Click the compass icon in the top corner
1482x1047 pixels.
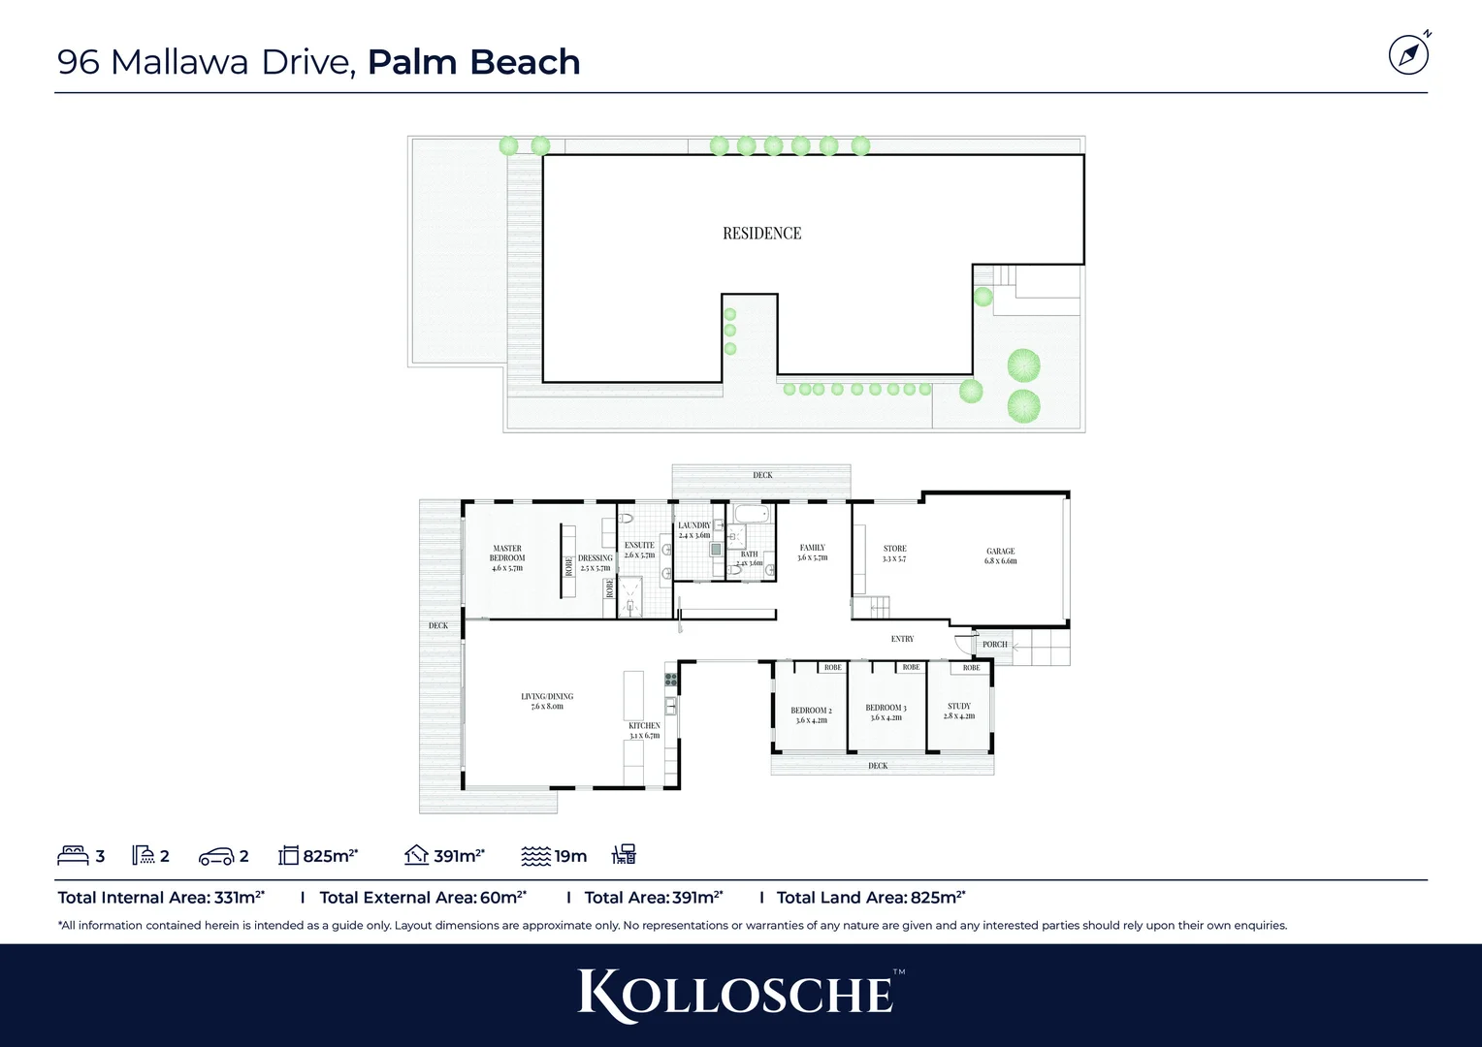[x=1408, y=54]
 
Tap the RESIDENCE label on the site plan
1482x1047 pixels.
[x=761, y=234]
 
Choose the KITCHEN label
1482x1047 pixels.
[x=644, y=726]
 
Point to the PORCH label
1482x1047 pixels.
[x=994, y=645]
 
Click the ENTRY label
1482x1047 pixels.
[x=902, y=639]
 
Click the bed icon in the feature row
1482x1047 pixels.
[x=73, y=855]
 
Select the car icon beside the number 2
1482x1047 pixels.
[x=215, y=856]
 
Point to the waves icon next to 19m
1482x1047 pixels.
[x=535, y=856]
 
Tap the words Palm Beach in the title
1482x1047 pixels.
[x=473, y=62]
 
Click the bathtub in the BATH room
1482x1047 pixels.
[x=751, y=514]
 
